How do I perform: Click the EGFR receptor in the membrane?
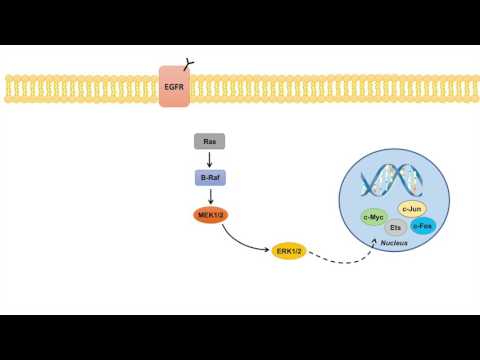coord(175,88)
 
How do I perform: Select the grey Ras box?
coord(209,142)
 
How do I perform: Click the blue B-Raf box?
coord(209,178)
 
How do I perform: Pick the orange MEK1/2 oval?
coord(210,214)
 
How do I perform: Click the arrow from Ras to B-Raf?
coord(209,160)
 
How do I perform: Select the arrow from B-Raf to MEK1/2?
coord(209,196)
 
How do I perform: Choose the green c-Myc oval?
coord(374,215)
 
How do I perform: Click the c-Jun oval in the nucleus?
coord(412,208)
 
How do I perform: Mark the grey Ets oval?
coord(396,226)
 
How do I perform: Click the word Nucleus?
coord(407,243)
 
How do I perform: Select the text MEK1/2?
coord(210,214)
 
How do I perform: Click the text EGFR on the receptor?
coord(173,88)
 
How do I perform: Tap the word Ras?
coord(209,142)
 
